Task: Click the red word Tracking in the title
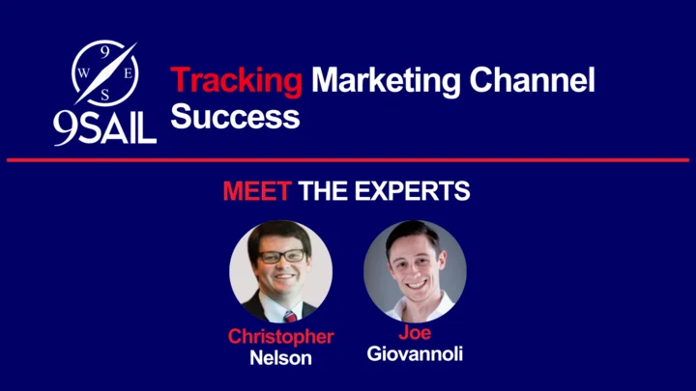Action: click(236, 81)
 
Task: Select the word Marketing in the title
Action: click(386, 81)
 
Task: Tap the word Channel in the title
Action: click(533, 80)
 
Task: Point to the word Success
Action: click(235, 116)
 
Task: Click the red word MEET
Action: click(257, 191)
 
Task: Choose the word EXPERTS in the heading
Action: click(412, 191)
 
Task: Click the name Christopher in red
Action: click(280, 337)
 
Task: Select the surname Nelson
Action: click(280, 358)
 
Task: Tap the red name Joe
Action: click(415, 332)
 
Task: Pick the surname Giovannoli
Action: click(415, 353)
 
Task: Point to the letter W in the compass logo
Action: click(83, 73)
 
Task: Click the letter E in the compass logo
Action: click(128, 73)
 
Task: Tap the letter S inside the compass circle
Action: click(104, 95)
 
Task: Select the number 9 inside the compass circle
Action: click(104, 52)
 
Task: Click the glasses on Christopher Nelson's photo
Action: click(282, 256)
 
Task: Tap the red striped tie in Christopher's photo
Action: click(290, 316)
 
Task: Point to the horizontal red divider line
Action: click(348, 160)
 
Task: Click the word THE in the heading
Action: click(323, 191)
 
